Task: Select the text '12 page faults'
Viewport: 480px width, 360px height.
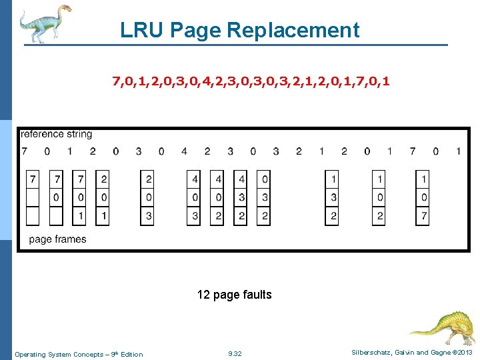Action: coord(234,295)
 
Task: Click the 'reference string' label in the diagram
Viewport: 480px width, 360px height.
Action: coord(57,135)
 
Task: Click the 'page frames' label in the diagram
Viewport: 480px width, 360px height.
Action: coord(57,239)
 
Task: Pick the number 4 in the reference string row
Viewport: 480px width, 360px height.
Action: coord(184,151)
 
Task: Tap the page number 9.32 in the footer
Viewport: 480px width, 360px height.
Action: coord(235,354)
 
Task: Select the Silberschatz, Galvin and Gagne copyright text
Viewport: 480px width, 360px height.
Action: coord(412,352)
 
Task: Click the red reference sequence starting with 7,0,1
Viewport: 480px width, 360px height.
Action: coord(251,82)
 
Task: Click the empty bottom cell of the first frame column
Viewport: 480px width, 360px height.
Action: coord(33,216)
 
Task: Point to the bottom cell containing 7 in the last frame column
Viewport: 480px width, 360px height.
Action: coord(423,216)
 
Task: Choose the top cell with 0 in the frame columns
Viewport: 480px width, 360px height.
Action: coord(265,179)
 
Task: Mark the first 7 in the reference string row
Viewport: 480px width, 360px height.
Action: coord(25,151)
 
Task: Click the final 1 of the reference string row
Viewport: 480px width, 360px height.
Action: coord(458,151)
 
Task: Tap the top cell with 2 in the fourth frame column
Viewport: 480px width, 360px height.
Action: coord(103,179)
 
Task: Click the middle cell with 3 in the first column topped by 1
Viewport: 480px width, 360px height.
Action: coord(333,197)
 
